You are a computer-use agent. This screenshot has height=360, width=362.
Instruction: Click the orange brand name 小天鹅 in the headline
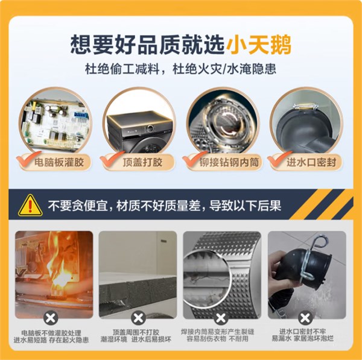(x=260, y=44)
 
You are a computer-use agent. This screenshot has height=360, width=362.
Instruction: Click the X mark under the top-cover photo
(x=139, y=317)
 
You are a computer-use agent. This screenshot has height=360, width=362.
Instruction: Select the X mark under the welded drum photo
(x=223, y=317)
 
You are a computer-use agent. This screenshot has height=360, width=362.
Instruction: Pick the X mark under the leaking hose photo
(x=306, y=317)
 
